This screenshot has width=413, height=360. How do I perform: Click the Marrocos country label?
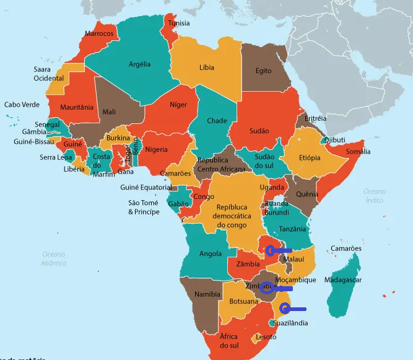99,33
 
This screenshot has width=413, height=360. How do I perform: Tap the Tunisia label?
176,24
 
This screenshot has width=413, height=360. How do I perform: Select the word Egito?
263,71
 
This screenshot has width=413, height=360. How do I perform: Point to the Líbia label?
207,67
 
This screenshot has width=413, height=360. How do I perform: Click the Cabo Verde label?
22,105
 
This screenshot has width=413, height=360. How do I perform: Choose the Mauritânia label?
76,108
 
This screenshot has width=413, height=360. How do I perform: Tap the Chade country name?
217,121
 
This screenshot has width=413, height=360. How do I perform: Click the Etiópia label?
310,157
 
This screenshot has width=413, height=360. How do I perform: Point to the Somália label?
358,151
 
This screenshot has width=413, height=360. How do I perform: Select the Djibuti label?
334,140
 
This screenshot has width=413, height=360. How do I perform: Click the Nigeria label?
156,149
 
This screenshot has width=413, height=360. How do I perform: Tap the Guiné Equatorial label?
146,187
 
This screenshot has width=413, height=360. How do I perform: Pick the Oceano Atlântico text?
54,258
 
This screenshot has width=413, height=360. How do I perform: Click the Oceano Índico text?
374,196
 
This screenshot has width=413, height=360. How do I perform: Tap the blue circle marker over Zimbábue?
266,287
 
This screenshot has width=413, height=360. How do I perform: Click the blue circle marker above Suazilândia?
285,308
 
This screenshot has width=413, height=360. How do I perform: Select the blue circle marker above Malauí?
270,250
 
